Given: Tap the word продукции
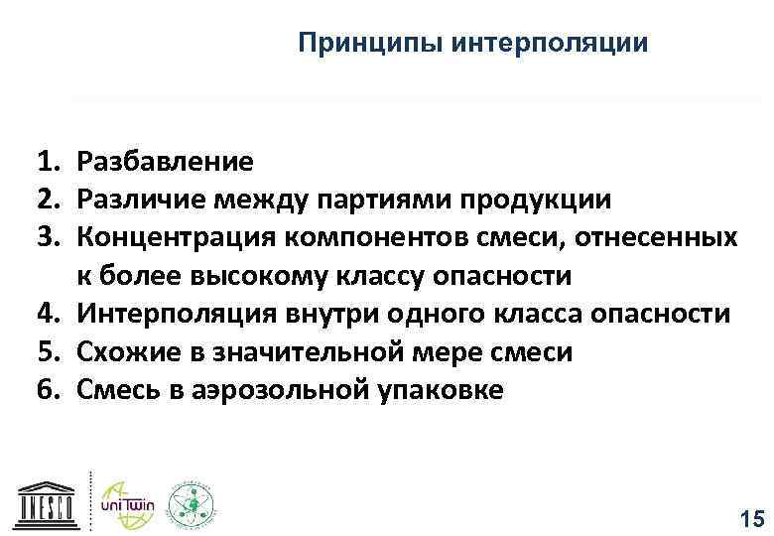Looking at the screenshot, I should pos(541,199).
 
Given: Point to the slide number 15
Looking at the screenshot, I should pos(752,517).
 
